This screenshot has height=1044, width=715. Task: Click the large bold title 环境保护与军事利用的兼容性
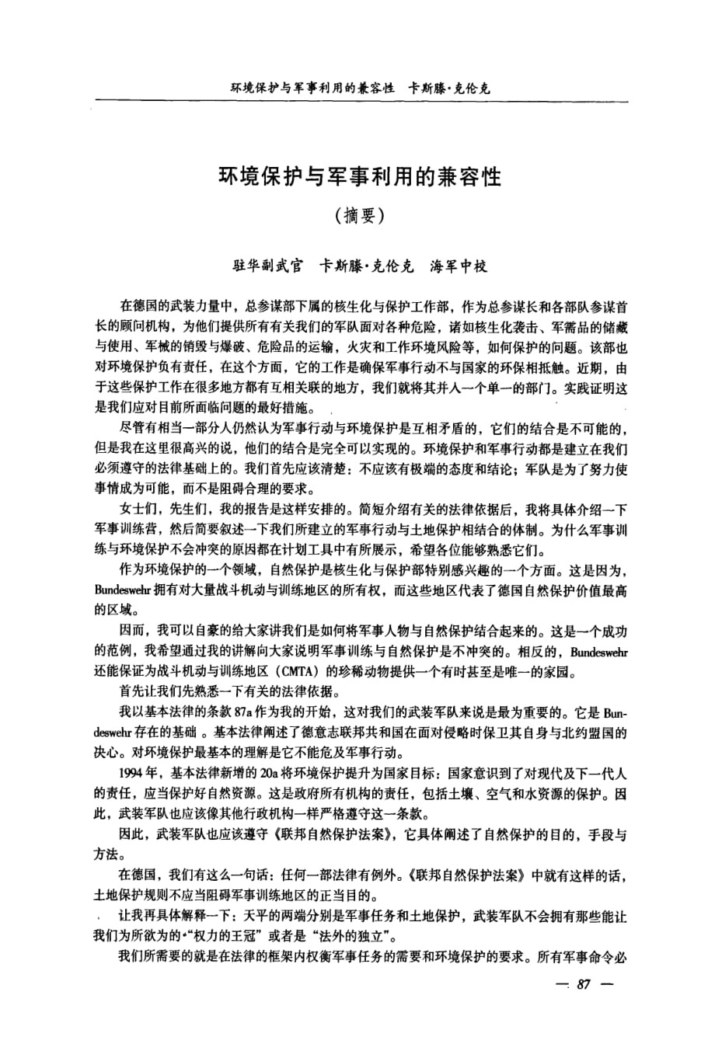tap(359, 178)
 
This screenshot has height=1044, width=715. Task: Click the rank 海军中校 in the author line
tap(459, 266)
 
